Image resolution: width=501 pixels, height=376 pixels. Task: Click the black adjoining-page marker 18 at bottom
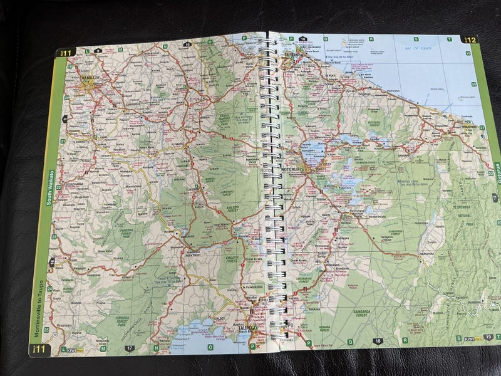pyautogui.click(x=376, y=341)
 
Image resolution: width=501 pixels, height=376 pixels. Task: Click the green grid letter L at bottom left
pyautogui.click(x=62, y=348)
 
